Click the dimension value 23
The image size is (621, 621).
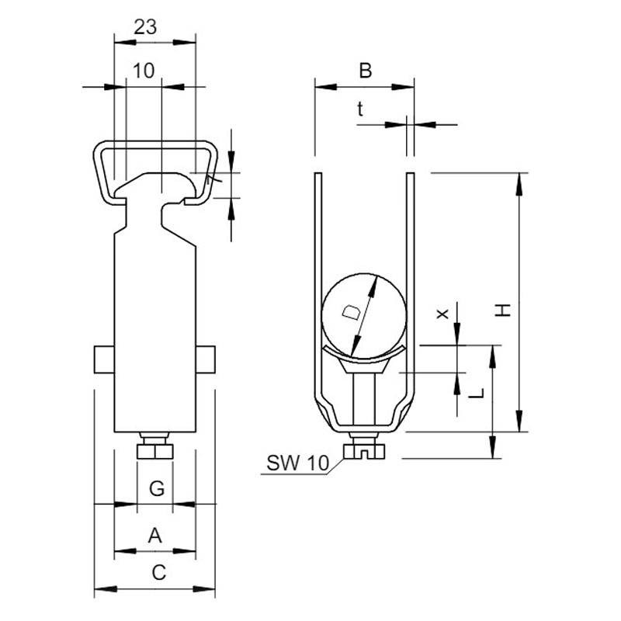(x=145, y=27)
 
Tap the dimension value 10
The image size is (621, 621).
(x=144, y=71)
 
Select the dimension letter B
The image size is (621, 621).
(x=365, y=71)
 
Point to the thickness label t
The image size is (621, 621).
(x=360, y=109)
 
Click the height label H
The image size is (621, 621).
(x=503, y=310)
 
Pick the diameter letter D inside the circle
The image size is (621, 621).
(x=352, y=313)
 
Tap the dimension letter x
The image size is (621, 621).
(x=442, y=314)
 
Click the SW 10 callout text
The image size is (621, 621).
(x=297, y=463)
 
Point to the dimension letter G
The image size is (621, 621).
(x=157, y=488)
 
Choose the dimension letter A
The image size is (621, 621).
(x=154, y=536)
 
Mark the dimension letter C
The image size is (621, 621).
(x=159, y=573)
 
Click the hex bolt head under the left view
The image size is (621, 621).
(x=154, y=452)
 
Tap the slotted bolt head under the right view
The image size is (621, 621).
(x=364, y=452)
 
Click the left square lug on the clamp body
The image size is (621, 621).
(x=104, y=359)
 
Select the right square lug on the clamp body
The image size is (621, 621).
(x=206, y=359)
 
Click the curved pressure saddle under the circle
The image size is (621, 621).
(x=363, y=356)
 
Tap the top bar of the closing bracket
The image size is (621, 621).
(x=155, y=145)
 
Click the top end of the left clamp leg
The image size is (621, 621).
(x=318, y=173)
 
